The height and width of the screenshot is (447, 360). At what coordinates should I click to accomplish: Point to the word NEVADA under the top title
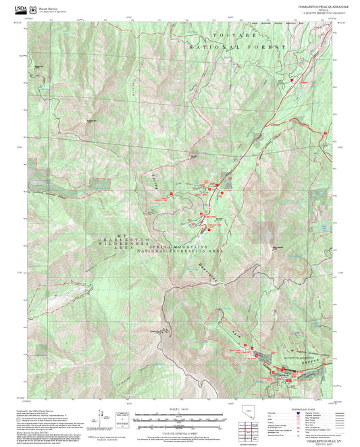point(317,9)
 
